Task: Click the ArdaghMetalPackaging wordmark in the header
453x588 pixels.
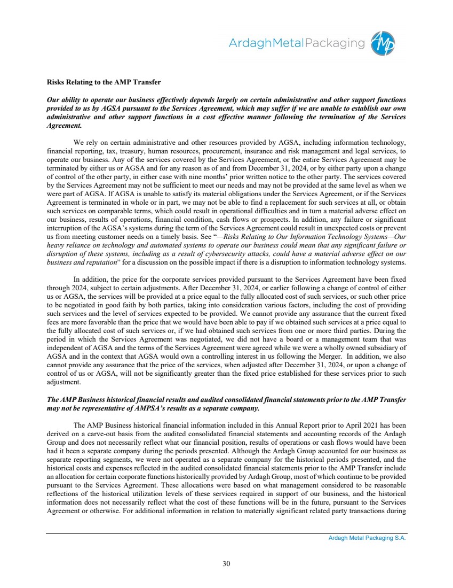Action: [297, 43]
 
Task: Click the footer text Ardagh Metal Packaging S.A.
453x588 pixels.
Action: [367, 538]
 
